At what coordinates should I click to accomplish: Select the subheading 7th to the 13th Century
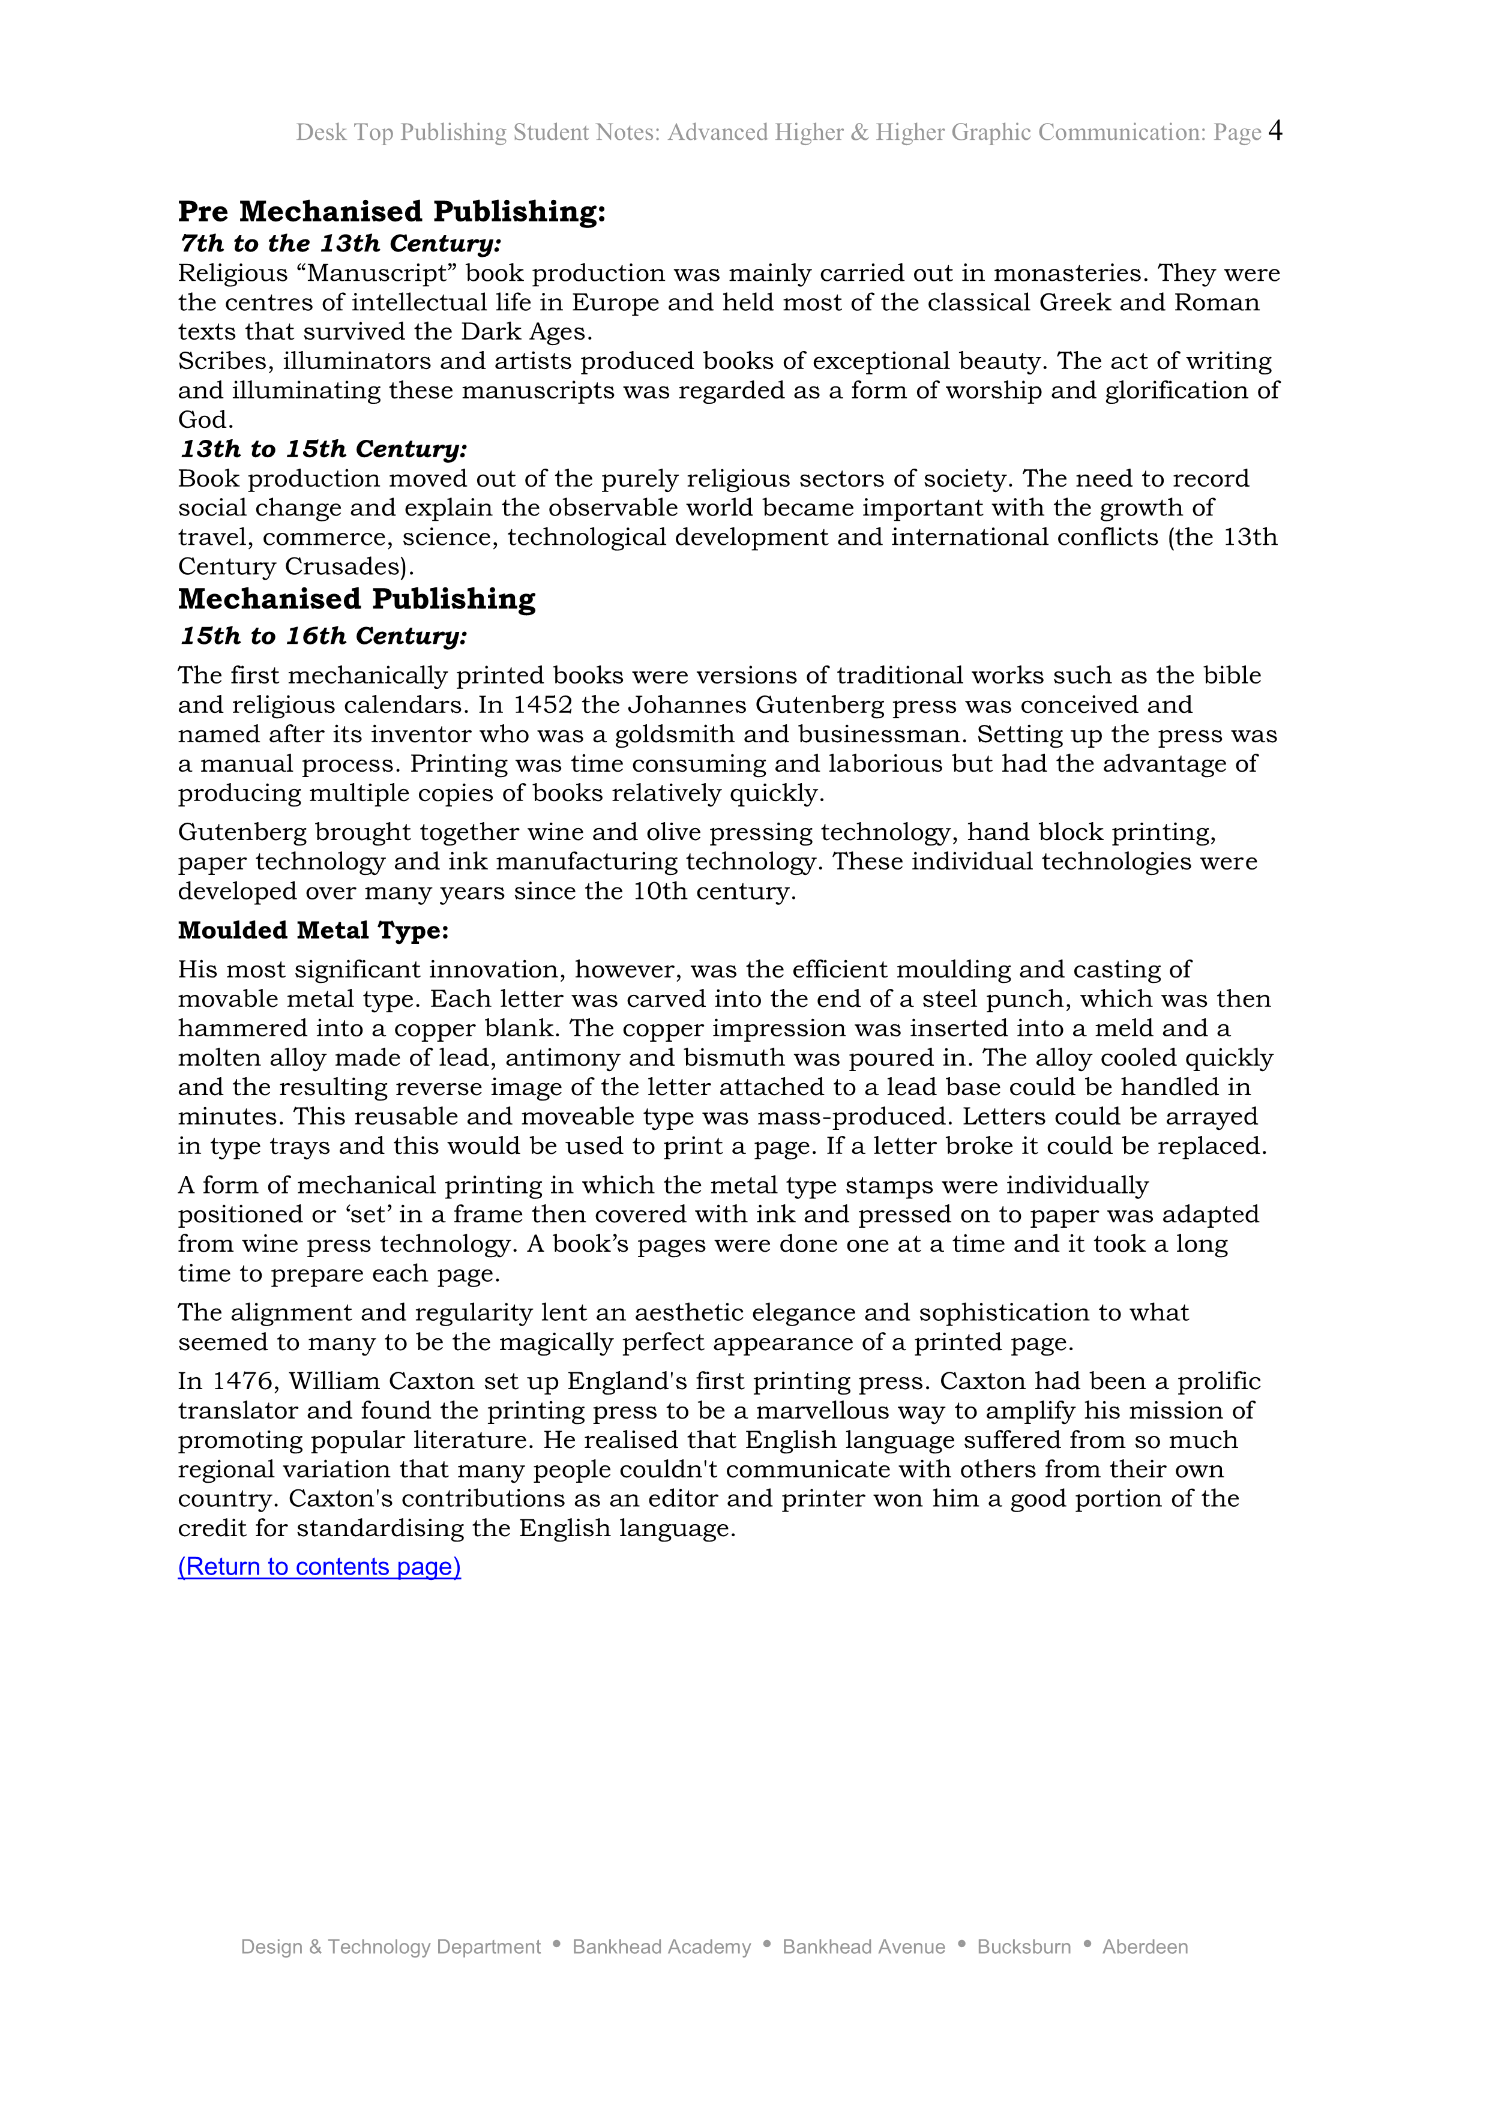pyautogui.click(x=341, y=244)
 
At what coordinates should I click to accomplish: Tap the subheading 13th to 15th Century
pyautogui.click(x=323, y=449)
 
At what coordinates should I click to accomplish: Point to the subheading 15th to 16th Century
pyautogui.click(x=323, y=636)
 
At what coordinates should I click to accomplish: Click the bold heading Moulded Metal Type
pyautogui.click(x=313, y=931)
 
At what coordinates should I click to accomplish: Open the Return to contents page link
pyautogui.click(x=319, y=1567)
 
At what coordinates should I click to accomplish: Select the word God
pyautogui.click(x=205, y=420)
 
